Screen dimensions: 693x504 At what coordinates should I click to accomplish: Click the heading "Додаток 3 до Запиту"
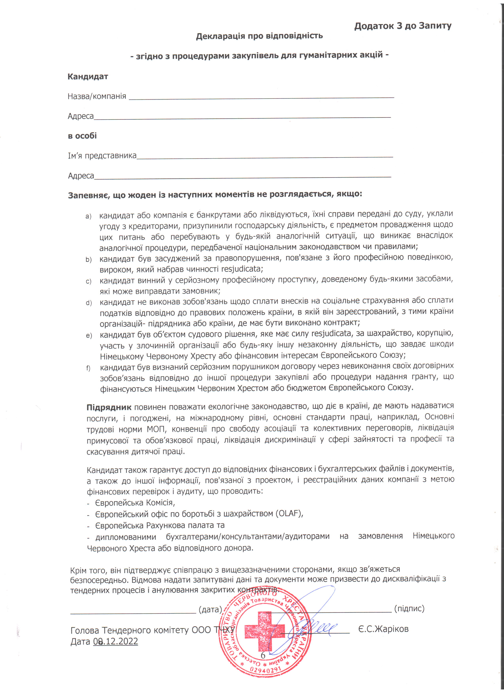click(x=403, y=26)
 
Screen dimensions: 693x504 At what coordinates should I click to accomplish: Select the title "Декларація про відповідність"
click(x=259, y=36)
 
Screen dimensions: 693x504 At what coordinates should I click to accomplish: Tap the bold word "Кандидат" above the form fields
click(x=88, y=76)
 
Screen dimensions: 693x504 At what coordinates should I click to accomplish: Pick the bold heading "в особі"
click(x=82, y=136)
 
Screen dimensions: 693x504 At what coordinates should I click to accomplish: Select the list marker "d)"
click(x=89, y=303)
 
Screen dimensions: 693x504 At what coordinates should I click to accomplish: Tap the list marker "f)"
click(x=88, y=368)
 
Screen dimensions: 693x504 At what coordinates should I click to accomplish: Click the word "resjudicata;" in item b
click(x=242, y=269)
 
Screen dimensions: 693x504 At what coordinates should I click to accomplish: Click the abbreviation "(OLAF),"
click(x=289, y=513)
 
